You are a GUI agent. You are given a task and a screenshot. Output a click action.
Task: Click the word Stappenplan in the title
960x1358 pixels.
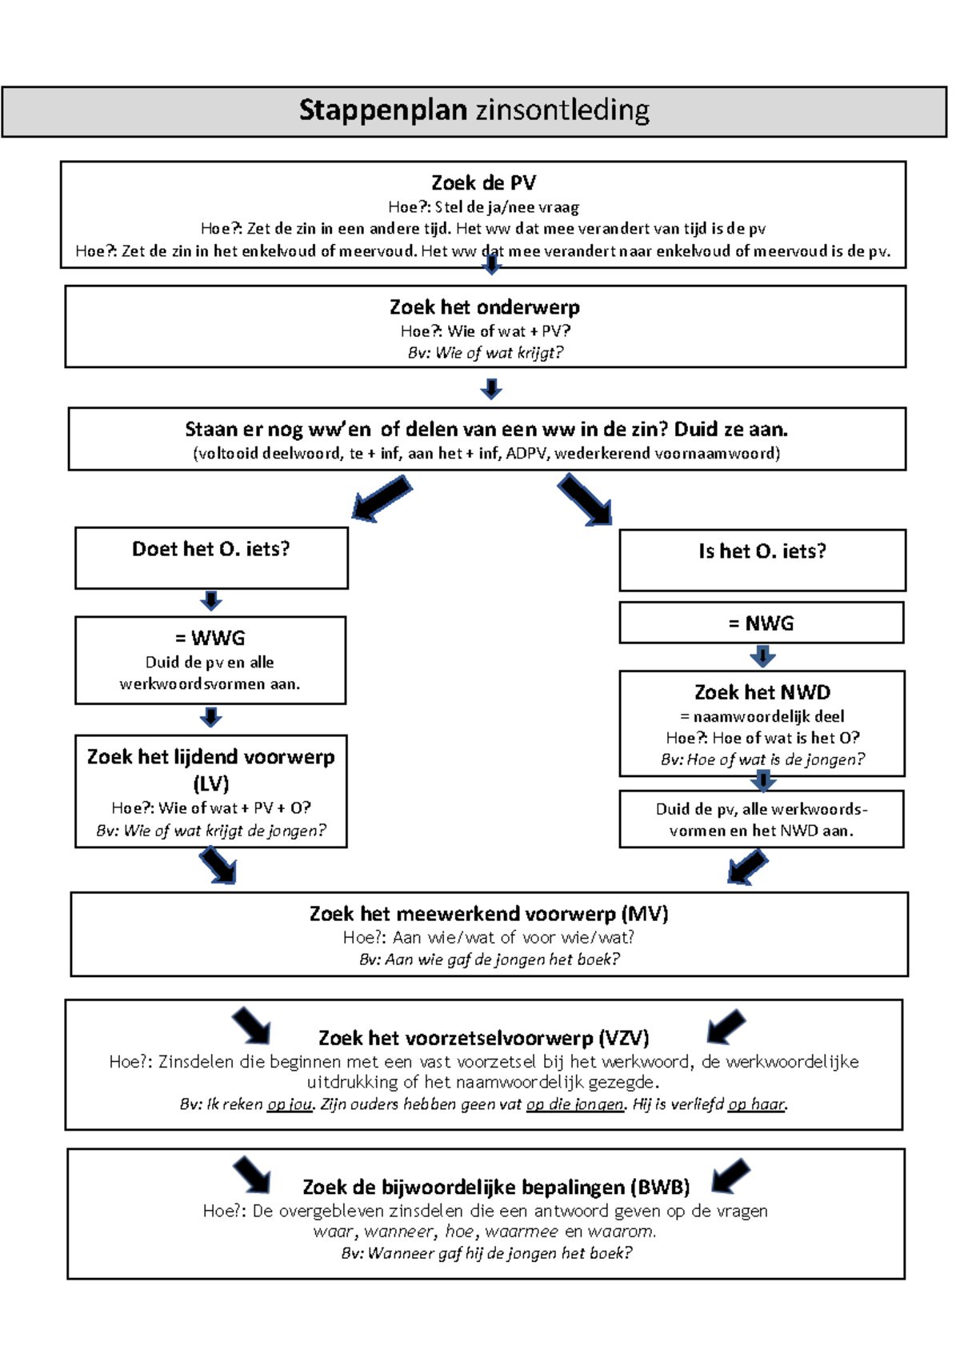383,110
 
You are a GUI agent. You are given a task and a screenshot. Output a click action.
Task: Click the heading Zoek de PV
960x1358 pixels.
483,183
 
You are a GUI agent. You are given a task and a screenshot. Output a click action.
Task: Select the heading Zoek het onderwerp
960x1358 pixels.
485,307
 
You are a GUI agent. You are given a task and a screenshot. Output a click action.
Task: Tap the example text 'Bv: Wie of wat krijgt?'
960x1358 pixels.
485,353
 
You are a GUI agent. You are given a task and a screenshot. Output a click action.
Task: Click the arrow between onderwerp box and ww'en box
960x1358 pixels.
491,389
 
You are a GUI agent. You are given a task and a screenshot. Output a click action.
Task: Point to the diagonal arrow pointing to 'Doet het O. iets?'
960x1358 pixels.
382,498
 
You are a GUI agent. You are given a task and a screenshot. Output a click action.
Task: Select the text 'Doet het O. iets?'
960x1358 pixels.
211,549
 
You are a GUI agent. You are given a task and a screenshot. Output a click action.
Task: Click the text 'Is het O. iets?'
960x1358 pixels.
762,551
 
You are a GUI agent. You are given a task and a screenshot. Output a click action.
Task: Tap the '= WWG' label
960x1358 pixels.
210,639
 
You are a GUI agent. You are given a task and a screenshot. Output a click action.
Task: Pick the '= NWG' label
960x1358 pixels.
761,623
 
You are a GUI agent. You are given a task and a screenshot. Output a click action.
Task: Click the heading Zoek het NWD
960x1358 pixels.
762,692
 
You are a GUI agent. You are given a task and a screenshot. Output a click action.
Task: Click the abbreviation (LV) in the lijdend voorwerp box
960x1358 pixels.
211,783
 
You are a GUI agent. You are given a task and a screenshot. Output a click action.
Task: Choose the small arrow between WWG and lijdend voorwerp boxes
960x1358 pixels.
211,716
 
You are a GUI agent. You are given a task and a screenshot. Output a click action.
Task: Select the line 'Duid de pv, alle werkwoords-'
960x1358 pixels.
762,809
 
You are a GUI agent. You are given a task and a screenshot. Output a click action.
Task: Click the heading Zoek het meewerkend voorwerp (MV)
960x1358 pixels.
489,914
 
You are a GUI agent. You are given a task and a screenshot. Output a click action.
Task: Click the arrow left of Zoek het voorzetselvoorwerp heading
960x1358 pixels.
251,1026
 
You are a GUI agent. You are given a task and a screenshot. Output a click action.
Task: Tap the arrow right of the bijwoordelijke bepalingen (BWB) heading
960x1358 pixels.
730,1176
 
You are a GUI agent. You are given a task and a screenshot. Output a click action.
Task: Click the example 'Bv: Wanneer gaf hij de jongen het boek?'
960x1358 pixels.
486,1253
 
